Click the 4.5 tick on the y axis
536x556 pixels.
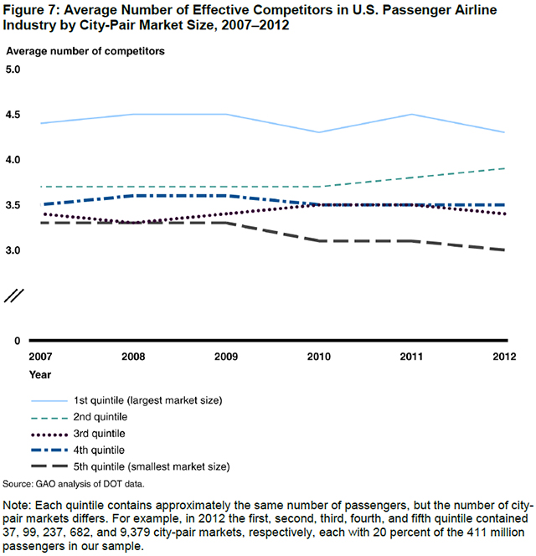click(17, 115)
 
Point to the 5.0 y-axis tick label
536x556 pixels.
click(17, 69)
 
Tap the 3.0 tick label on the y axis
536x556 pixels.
click(17, 250)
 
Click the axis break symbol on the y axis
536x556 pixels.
click(17, 295)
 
